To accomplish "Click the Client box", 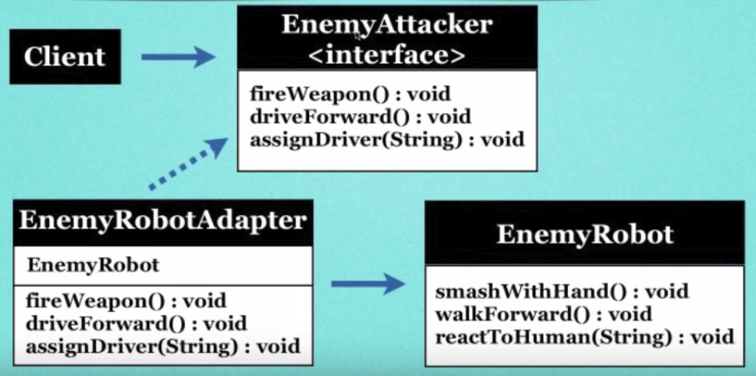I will click(x=65, y=57).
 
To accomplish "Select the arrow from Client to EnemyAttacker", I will click(x=178, y=56).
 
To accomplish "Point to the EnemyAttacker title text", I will click(x=387, y=25).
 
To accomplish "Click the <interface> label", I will click(x=387, y=54).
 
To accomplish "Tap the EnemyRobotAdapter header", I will click(x=162, y=221).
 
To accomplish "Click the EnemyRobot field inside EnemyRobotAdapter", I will click(x=93, y=265).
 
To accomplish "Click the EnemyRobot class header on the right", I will click(x=584, y=233).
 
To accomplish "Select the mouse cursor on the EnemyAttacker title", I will click(x=358, y=34).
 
